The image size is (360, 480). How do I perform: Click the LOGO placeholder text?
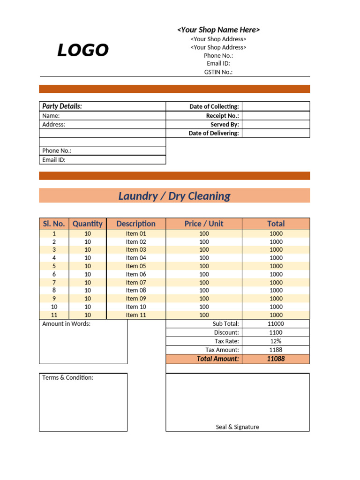tap(83, 50)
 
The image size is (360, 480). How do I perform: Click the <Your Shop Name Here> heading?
tap(218, 30)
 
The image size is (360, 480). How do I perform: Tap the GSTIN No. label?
tap(218, 72)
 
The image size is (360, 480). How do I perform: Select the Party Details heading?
tap(62, 106)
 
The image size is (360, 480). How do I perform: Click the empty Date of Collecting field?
tap(276, 106)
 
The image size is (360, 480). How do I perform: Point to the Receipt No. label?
tap(222, 115)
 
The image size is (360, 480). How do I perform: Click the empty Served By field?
tap(276, 124)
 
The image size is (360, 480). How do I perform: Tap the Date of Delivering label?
tap(214, 133)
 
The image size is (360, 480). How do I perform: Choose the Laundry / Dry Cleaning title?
tap(174, 196)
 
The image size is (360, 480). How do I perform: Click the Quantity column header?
tap(87, 224)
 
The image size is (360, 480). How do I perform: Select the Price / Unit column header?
tap(204, 224)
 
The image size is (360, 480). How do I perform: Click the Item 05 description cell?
tap(136, 266)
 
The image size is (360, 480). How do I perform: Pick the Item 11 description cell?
tap(136, 315)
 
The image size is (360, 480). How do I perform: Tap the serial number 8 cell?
tap(54, 290)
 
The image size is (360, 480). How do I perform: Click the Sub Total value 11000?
tap(276, 323)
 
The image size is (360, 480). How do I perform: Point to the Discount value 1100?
tap(276, 332)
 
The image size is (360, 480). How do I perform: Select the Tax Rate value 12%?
tap(276, 341)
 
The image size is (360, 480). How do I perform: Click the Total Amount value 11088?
tap(276, 359)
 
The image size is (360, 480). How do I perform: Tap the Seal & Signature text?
tap(237, 427)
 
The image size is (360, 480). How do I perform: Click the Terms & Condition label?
tap(67, 377)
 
